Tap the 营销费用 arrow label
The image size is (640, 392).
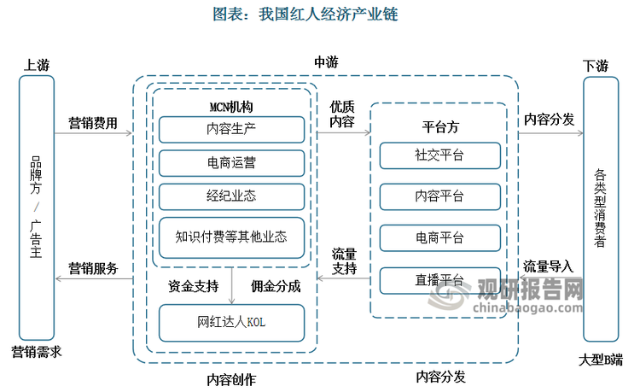coord(93,123)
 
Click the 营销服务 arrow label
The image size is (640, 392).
coord(93,267)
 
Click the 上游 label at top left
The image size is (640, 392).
coord(37,65)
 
